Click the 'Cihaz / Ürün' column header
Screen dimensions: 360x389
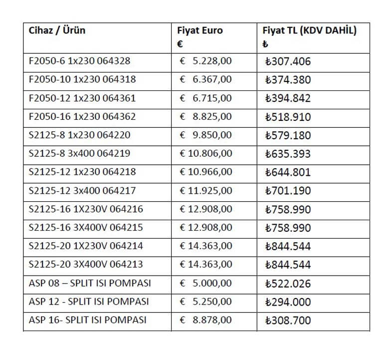57,30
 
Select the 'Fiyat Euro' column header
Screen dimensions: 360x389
200,30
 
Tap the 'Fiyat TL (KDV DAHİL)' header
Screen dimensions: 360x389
309,30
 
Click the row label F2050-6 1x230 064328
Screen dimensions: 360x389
80,61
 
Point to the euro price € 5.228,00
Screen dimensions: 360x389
205,61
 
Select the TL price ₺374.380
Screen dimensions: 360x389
288,80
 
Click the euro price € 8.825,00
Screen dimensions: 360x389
205,116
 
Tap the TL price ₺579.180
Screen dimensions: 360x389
288,135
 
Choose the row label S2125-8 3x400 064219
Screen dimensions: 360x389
80,153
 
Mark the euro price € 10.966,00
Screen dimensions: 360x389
205,172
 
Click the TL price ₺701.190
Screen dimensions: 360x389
288,191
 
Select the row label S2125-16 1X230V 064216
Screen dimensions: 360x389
86,209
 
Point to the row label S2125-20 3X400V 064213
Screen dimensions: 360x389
86,264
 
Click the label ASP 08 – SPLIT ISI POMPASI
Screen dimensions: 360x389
90,283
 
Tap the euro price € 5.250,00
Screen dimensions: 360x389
205,302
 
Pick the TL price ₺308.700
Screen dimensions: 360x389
288,320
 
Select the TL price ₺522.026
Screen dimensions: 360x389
288,284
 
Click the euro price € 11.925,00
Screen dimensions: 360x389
205,190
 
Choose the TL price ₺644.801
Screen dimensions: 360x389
288,172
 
